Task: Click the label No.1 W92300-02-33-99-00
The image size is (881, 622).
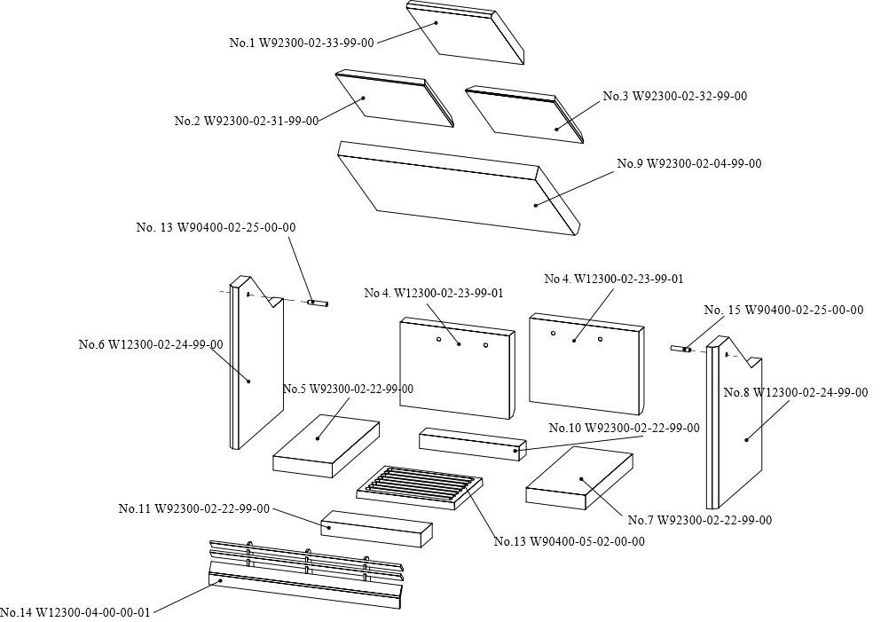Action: click(x=302, y=43)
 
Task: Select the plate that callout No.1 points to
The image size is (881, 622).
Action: click(x=466, y=35)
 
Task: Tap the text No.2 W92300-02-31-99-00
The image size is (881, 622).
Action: click(x=246, y=121)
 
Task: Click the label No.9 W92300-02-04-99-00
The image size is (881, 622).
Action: click(x=688, y=163)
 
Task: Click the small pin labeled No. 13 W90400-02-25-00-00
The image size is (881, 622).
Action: click(x=318, y=303)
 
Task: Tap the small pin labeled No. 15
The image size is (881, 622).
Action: click(x=680, y=350)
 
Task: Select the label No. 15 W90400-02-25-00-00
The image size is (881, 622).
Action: click(x=783, y=310)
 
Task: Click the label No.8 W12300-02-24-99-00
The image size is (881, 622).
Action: click(x=795, y=392)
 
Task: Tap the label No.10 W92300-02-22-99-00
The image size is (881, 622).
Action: click(x=623, y=428)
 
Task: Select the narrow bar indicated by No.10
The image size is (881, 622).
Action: click(x=472, y=444)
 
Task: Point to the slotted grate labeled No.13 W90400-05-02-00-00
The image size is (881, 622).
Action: click(x=421, y=488)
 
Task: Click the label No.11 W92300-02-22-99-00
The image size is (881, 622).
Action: click(x=193, y=508)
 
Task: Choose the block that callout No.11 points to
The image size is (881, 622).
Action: click(x=376, y=528)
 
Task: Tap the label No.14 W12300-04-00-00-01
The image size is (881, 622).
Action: click(x=75, y=612)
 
